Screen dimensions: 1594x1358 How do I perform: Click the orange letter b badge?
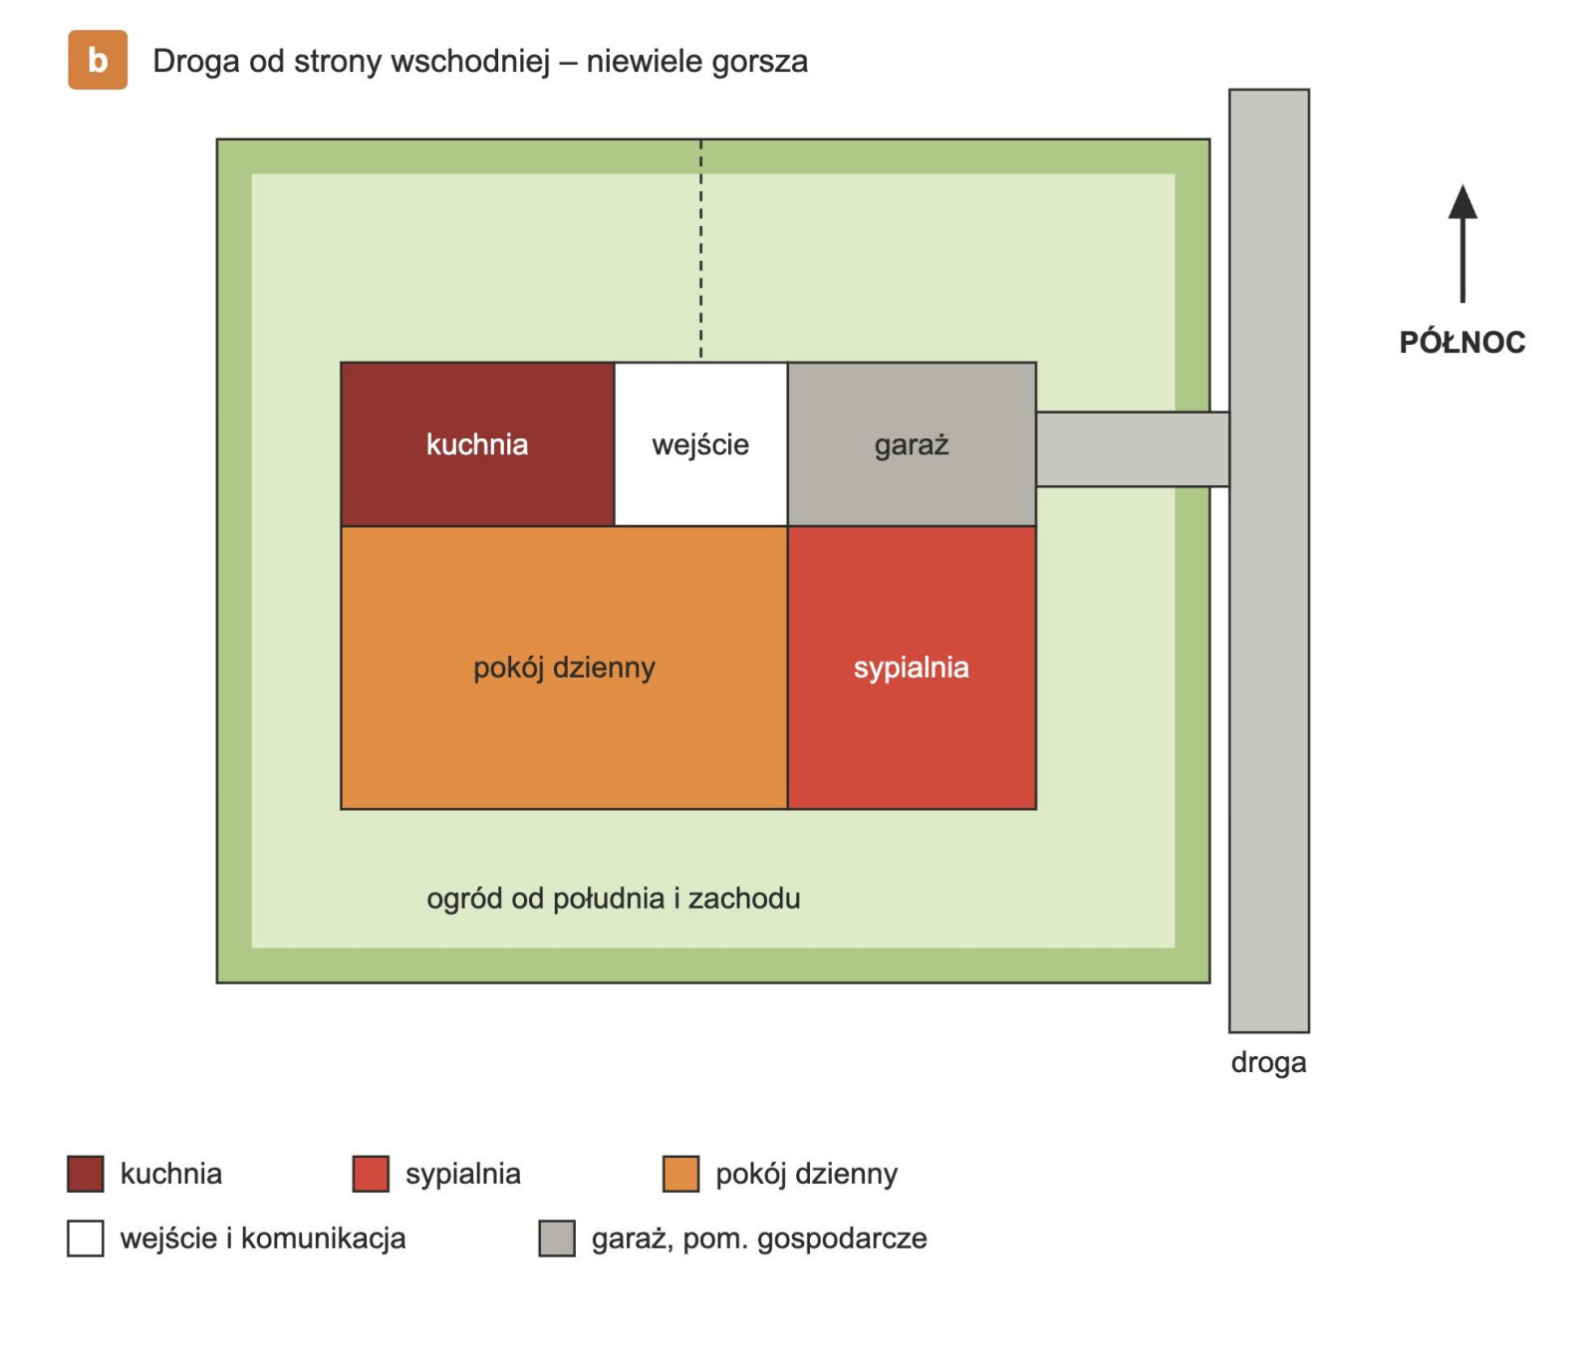pyautogui.click(x=98, y=60)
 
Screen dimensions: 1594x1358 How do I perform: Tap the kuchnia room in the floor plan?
pyautogui.click(x=477, y=444)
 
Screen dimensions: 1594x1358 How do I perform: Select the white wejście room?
pyautogui.click(x=700, y=444)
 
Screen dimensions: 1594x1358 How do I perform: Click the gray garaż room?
pyautogui.click(x=912, y=444)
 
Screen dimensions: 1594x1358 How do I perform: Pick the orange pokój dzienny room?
pyautogui.click(x=564, y=668)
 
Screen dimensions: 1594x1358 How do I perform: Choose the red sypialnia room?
pyautogui.click(x=912, y=668)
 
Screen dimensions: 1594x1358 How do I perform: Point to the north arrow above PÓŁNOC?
pyautogui.click(x=1462, y=243)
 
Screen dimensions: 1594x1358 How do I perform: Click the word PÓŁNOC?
pyautogui.click(x=1462, y=342)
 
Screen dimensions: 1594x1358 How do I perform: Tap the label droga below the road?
pyautogui.click(x=1268, y=1062)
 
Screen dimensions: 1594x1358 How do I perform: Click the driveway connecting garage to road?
pyautogui.click(x=1133, y=449)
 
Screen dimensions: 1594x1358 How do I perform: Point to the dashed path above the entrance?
pyautogui.click(x=700, y=249)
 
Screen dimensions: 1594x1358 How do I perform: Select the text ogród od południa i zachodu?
pyautogui.click(x=614, y=899)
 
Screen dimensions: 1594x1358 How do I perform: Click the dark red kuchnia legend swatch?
pyautogui.click(x=86, y=1174)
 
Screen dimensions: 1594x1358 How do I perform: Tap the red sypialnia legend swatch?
pyautogui.click(x=371, y=1174)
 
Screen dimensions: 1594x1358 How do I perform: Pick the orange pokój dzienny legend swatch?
pyautogui.click(x=681, y=1174)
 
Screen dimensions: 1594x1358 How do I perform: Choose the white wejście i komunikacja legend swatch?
pyautogui.click(x=86, y=1238)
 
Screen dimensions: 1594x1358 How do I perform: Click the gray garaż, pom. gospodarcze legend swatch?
pyautogui.click(x=557, y=1238)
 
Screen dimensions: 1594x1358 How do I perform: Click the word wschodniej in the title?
pyautogui.click(x=470, y=62)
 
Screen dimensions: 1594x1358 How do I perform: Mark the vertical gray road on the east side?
pyautogui.click(x=1269, y=561)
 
